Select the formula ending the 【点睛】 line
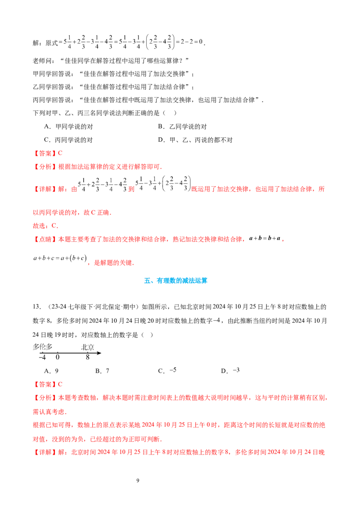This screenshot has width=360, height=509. click(x=265, y=239)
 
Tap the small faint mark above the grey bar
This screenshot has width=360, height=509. click(x=219, y=321)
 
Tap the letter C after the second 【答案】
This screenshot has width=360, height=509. click(x=61, y=384)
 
